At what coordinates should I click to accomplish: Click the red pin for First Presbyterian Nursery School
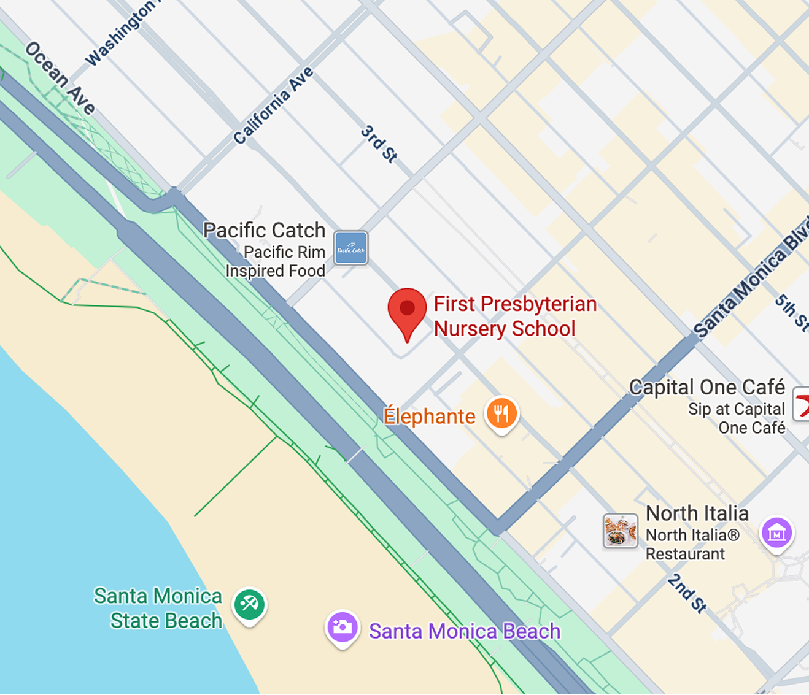(407, 310)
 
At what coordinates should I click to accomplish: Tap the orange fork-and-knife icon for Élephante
(501, 413)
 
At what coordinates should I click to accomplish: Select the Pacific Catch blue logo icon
(350, 248)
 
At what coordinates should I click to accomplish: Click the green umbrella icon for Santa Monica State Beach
(249, 604)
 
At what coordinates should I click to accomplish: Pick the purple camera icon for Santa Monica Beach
(342, 627)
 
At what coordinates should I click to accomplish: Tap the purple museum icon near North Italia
(776, 532)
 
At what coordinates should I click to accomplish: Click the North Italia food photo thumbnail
(620, 531)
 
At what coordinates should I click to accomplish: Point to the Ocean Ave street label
(60, 78)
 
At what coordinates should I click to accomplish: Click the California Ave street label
(274, 106)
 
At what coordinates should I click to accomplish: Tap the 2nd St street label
(687, 593)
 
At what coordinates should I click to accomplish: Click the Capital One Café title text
(707, 387)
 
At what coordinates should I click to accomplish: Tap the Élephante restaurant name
(429, 417)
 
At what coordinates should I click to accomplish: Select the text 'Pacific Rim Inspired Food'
(276, 261)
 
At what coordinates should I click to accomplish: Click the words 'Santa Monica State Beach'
(158, 608)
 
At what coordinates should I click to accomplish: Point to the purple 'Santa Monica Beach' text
(465, 631)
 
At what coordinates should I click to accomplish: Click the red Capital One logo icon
(802, 404)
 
